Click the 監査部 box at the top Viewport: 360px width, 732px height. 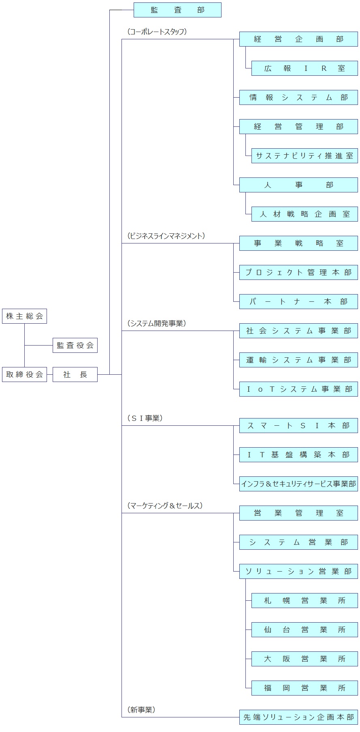click(x=177, y=10)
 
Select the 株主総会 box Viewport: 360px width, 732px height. click(x=24, y=316)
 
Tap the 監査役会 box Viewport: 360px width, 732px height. click(x=75, y=346)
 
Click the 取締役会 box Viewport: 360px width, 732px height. click(x=24, y=375)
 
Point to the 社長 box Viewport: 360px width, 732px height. click(x=75, y=375)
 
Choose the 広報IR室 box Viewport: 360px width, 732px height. click(x=305, y=68)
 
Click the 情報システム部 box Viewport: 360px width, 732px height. click(x=298, y=98)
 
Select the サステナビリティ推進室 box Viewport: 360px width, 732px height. click(x=305, y=156)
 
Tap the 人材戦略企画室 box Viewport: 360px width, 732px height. click(x=305, y=214)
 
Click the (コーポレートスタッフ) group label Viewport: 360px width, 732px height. click(x=157, y=32)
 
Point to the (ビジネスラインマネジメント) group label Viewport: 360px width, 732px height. click(x=166, y=236)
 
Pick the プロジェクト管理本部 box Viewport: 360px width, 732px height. click(x=298, y=273)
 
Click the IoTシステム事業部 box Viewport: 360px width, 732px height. click(x=298, y=389)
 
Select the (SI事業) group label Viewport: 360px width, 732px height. click(x=145, y=418)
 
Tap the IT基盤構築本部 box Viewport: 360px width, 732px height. click(x=298, y=455)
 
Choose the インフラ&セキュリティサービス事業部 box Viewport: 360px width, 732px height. click(x=298, y=484)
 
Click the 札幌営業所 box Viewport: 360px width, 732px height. click(x=305, y=601)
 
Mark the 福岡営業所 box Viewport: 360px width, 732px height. click(x=305, y=688)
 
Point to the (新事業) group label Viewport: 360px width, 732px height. click(x=141, y=710)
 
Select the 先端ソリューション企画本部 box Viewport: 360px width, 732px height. click(x=298, y=717)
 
